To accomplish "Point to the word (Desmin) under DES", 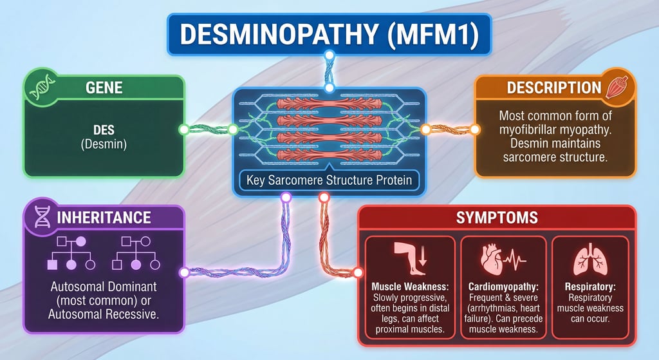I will [x=104, y=146].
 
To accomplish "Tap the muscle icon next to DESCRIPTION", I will [x=617, y=87].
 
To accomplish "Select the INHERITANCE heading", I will [x=106, y=217].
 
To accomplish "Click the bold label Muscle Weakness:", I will [x=411, y=285].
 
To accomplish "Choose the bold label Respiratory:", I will [x=589, y=285].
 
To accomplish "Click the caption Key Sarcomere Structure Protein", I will [x=329, y=180].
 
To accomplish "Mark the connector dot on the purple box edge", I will [x=185, y=272].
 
